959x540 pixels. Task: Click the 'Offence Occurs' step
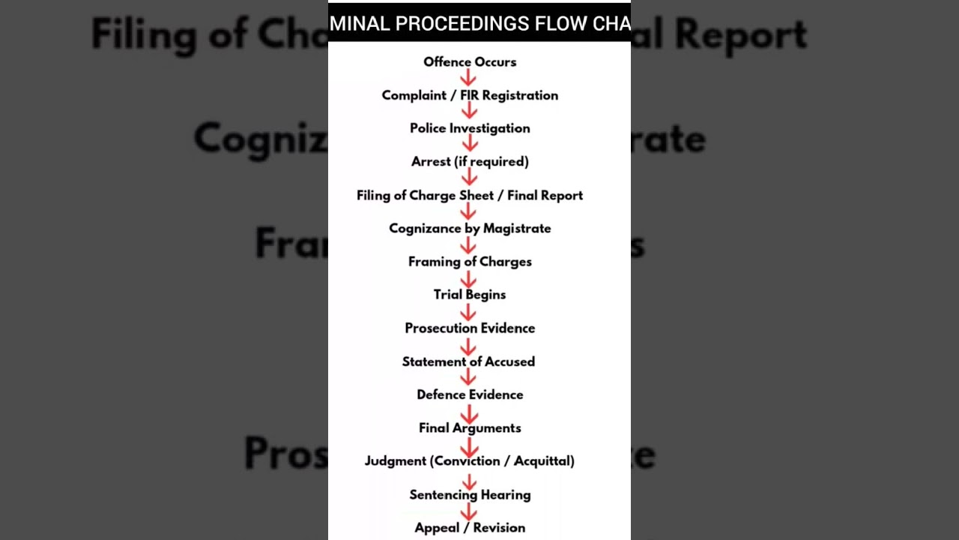pos(470,62)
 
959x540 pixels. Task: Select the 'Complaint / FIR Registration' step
pos(470,95)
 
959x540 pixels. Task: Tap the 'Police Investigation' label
pos(470,128)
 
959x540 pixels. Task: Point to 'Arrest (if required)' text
pos(470,161)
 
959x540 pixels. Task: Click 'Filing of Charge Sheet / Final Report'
pos(470,195)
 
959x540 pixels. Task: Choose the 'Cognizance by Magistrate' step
pos(470,228)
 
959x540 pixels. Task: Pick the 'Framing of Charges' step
pos(470,262)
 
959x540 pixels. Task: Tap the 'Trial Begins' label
pos(470,295)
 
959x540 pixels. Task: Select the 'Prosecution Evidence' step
pos(470,328)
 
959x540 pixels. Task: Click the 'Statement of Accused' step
pos(468,361)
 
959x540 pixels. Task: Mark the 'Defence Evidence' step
pos(470,394)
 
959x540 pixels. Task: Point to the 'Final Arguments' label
pos(470,427)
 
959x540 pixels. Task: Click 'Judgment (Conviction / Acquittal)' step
pos(470,460)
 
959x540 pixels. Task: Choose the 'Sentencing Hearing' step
pos(470,494)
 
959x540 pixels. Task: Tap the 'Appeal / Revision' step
pos(470,527)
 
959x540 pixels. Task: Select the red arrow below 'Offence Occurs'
pos(469,78)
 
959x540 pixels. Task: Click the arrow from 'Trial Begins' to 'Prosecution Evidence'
pos(469,311)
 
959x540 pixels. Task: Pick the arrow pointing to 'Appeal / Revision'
pos(469,511)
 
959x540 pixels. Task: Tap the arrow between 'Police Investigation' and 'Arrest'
pos(469,144)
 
